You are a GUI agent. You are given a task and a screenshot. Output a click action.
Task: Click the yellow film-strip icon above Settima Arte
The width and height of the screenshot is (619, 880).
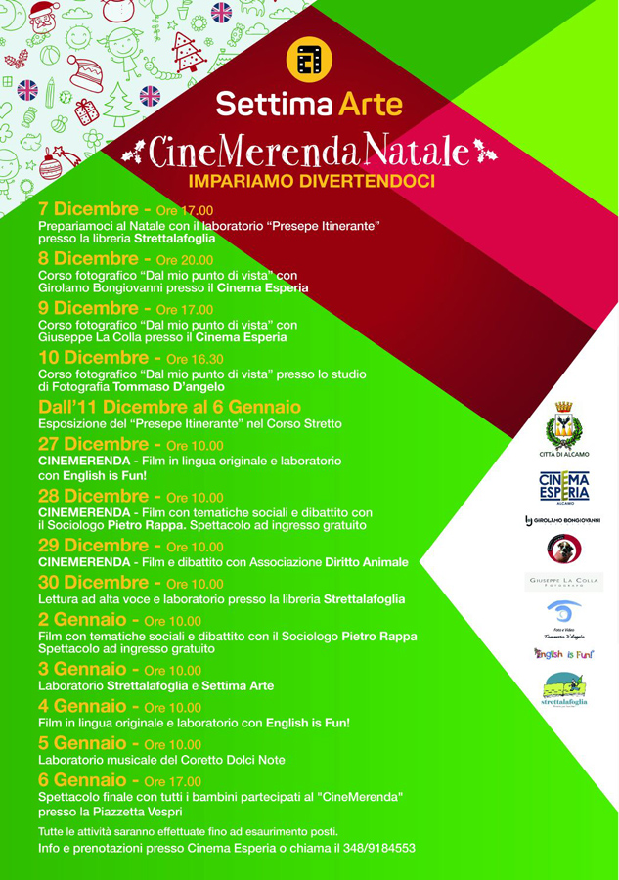point(309,61)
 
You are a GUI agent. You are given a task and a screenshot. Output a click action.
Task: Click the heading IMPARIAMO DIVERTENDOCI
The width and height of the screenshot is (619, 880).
point(311,181)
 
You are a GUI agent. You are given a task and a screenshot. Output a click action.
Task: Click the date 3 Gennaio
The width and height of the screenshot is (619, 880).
point(85,670)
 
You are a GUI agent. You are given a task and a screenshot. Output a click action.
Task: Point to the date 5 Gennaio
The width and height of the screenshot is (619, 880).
point(85,743)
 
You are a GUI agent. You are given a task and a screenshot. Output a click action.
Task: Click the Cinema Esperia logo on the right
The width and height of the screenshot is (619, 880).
point(564,486)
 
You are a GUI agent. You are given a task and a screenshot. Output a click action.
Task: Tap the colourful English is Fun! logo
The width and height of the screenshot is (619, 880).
point(564,653)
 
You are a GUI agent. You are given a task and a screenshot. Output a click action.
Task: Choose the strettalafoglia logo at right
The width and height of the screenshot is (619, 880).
point(564,692)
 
